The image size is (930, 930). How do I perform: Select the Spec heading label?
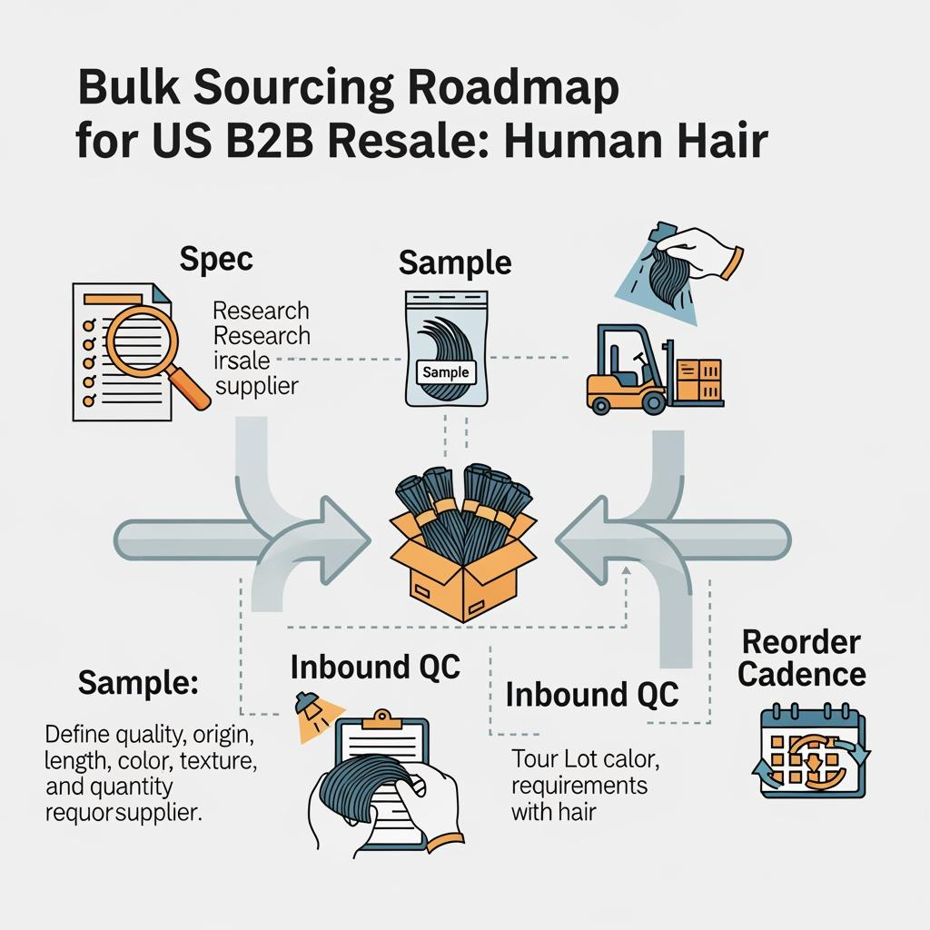pos(216,259)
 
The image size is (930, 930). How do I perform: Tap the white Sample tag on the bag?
pos(446,371)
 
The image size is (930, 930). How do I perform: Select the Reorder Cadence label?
pos(802,658)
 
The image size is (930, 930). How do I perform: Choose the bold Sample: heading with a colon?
pos(137,683)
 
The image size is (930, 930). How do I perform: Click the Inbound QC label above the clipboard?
pos(375,668)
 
